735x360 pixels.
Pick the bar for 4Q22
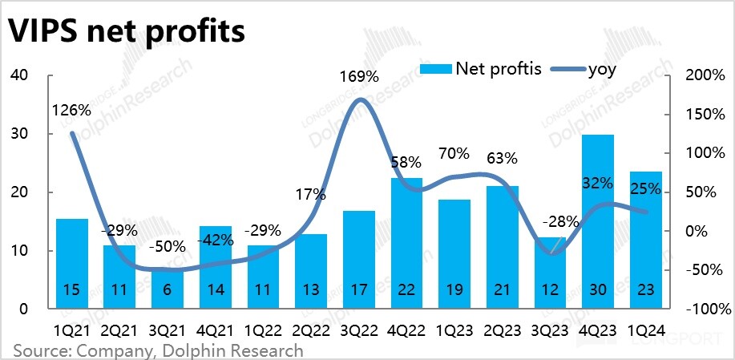[x=406, y=241]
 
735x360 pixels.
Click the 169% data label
[x=358, y=78]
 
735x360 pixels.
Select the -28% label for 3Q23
[x=549, y=220]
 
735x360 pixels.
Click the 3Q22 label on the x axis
[x=358, y=330]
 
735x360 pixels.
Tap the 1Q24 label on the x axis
[x=645, y=330]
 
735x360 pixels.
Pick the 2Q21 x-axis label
[x=119, y=330]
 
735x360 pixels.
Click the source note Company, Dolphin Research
[x=158, y=350]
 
